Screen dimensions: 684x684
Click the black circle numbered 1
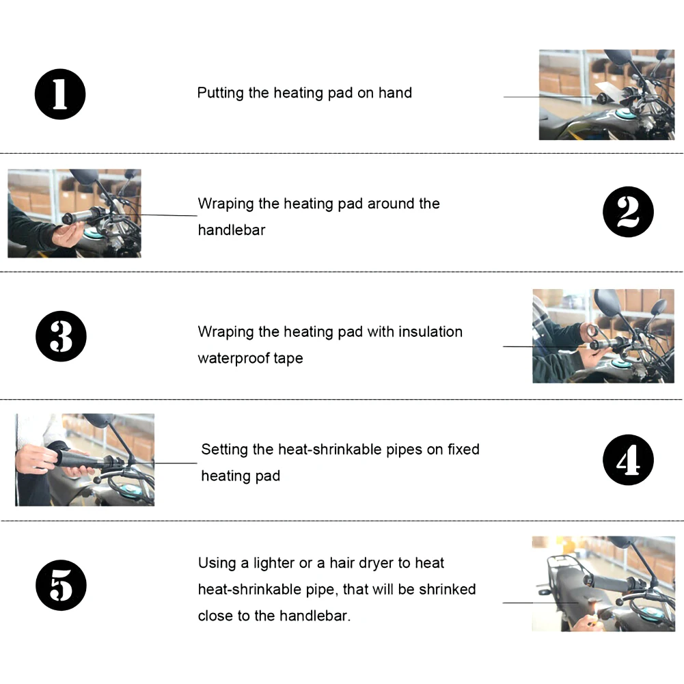coord(60,94)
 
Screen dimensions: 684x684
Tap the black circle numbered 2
coord(628,212)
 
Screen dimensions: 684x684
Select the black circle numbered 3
coord(61,336)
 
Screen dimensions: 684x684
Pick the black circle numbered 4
coord(628,460)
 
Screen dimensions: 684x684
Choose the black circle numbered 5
coord(61,586)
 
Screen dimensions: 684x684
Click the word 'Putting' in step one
coord(220,94)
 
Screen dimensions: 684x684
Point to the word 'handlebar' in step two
coord(232,230)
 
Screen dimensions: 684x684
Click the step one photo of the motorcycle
coord(607,95)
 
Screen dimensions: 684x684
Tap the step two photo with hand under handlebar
coord(74,213)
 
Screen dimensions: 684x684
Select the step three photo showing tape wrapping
coord(603,336)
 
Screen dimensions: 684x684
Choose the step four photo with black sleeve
coord(85,460)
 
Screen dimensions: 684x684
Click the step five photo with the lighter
coord(603,584)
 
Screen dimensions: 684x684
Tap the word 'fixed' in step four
coord(464,450)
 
